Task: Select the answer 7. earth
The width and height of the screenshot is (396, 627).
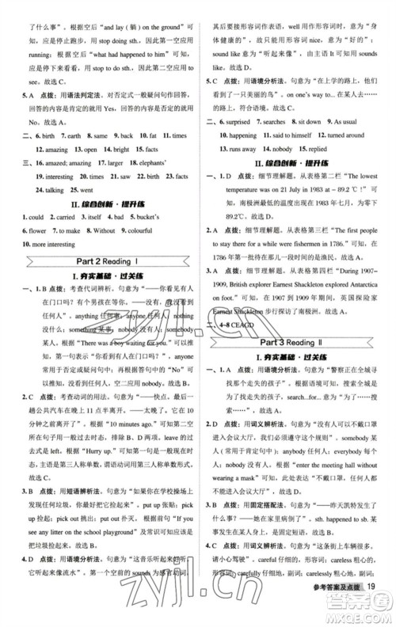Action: pyautogui.click(x=71, y=135)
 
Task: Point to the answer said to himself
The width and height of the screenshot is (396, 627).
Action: pyautogui.click(x=285, y=135)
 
